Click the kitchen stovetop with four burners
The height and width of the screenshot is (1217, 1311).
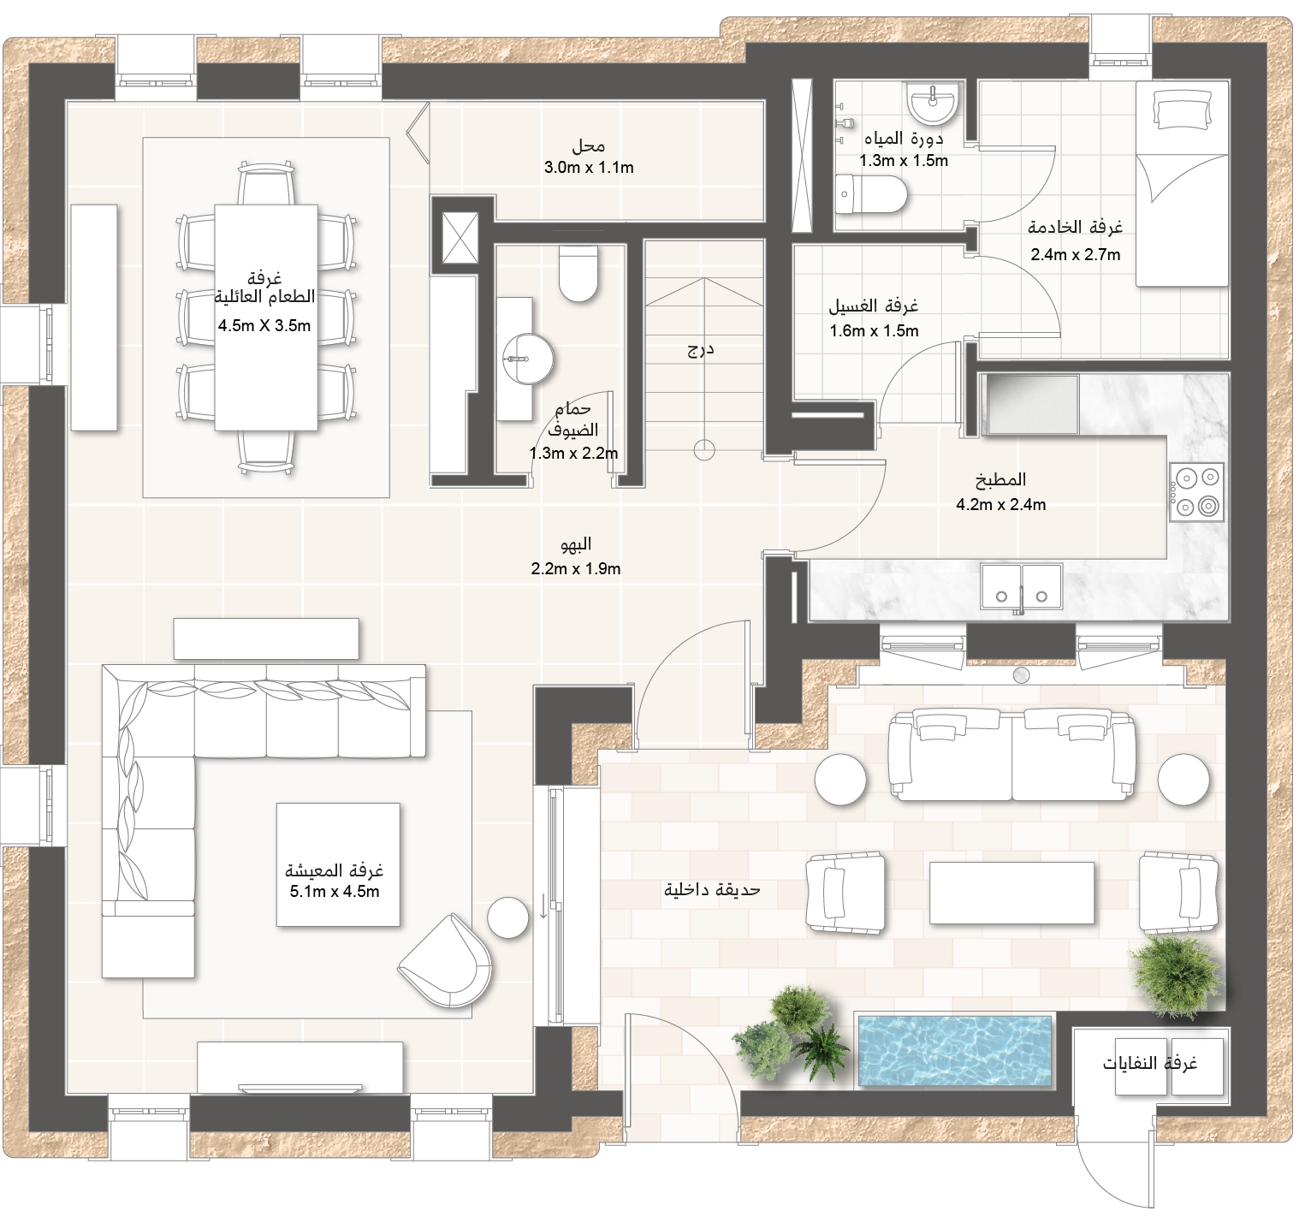coord(1196,491)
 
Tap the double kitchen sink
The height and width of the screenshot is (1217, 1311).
coord(1022,586)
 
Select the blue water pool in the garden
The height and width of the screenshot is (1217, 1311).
coord(954,1051)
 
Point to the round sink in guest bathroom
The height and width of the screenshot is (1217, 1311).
coord(528,359)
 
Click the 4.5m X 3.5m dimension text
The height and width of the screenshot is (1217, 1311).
coord(264,326)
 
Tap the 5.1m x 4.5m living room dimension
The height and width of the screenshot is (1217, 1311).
coord(335,891)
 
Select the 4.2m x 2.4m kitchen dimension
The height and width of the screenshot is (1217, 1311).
coord(1000,504)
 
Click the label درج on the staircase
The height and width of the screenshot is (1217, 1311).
coord(701,349)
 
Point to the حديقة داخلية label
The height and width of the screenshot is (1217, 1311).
coord(712,890)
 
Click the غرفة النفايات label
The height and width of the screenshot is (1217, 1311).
coord(1149,1064)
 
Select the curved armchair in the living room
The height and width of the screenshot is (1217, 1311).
coord(445,961)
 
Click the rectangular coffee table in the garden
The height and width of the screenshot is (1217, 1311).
coord(1011,893)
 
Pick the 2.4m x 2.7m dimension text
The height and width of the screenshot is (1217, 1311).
coord(1075,254)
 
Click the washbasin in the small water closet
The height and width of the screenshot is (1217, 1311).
coord(933,104)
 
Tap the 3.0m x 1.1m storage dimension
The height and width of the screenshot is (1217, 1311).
coord(589,168)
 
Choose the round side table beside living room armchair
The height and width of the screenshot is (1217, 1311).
coord(508,917)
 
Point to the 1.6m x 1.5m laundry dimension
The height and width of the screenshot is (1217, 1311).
coord(874,331)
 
